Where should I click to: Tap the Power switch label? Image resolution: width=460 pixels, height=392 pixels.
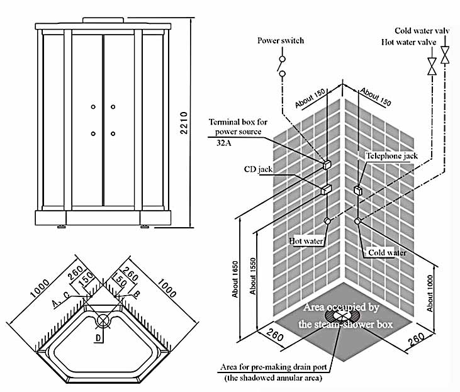tap(281, 41)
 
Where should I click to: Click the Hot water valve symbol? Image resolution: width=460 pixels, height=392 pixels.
tap(432, 65)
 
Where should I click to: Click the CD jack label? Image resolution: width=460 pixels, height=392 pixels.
tap(257, 170)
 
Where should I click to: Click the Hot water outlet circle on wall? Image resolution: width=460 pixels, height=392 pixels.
tap(327, 221)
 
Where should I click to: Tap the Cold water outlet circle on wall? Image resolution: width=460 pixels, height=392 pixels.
tap(357, 221)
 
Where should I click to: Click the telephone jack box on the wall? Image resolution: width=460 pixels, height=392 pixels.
tap(357, 190)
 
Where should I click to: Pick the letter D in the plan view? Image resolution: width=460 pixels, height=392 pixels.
tap(98, 339)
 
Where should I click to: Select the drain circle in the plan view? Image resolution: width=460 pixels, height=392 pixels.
tap(103, 320)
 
